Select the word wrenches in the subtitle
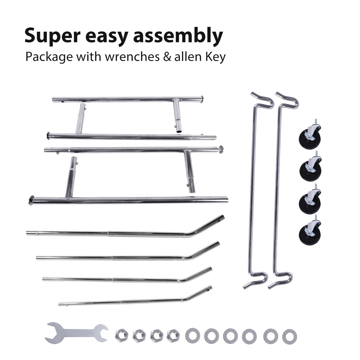[x=130, y=57]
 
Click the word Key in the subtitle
[x=215, y=57]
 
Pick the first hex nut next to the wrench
[x=121, y=336]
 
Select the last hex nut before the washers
[x=173, y=336]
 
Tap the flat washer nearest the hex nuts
[x=193, y=336]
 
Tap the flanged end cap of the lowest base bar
[x=31, y=200]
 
